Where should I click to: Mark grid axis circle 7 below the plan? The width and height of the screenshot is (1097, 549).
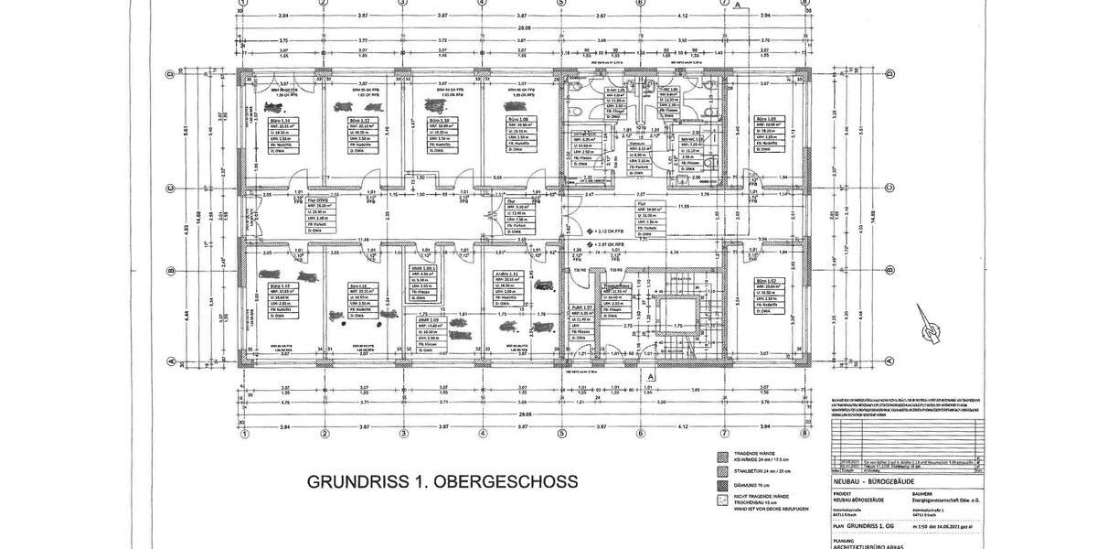coord(724,434)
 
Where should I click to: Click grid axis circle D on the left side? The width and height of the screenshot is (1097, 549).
coord(170,73)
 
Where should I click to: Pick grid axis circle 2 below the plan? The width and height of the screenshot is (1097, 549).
coord(324,434)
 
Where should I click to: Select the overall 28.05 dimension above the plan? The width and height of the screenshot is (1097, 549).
coord(523,28)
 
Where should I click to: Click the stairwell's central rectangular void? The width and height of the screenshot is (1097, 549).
coord(678,312)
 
